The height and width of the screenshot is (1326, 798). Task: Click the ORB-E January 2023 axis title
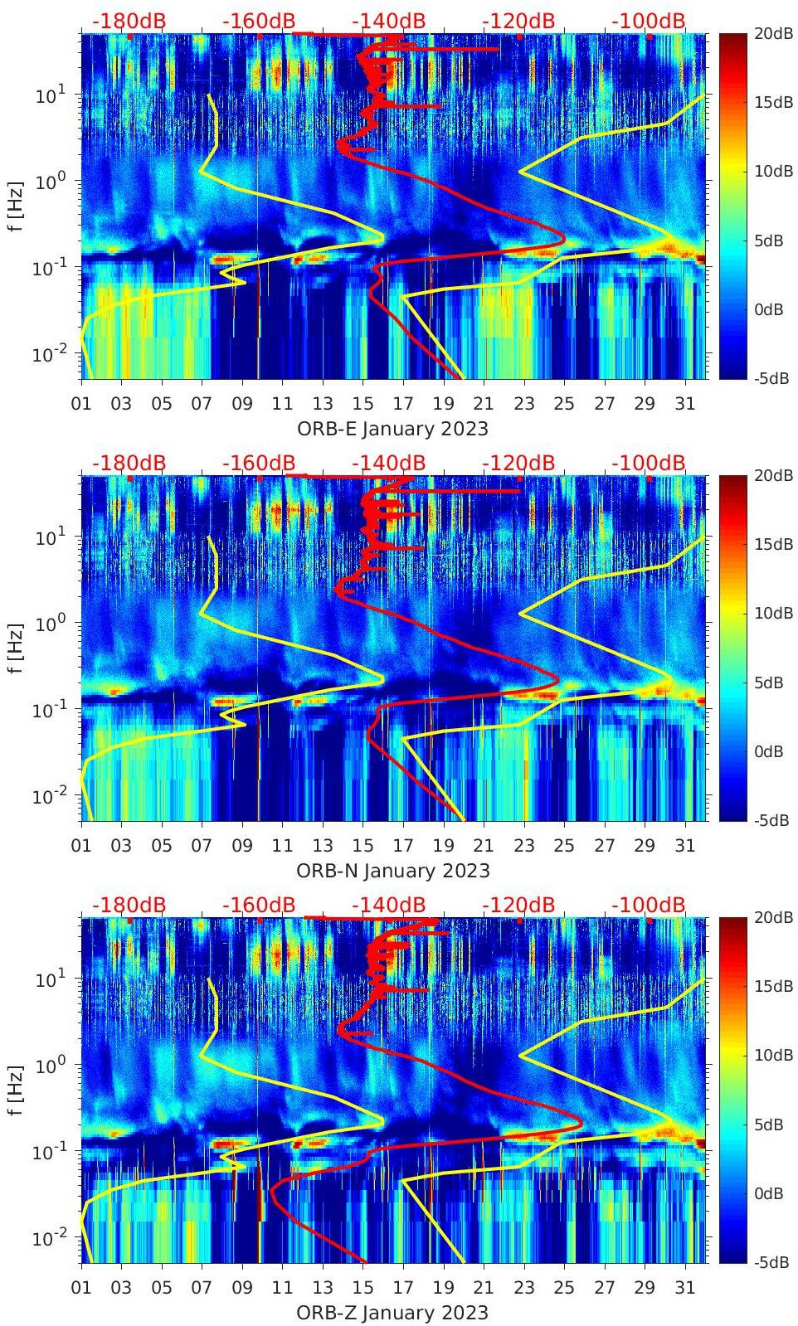392,429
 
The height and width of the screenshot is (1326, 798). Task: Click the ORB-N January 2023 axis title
393,871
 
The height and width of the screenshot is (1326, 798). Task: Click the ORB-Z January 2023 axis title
392,1313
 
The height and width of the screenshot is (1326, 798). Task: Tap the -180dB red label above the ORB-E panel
129,21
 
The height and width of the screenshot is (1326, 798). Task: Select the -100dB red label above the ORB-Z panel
649,905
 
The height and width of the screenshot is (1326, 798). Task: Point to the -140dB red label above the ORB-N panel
388,463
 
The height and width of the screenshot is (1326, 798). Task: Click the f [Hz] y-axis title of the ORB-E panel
15,206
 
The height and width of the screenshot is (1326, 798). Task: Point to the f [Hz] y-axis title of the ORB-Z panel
15,1090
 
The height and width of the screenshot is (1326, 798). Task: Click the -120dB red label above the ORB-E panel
518,21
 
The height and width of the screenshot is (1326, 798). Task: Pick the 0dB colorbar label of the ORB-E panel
771,309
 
